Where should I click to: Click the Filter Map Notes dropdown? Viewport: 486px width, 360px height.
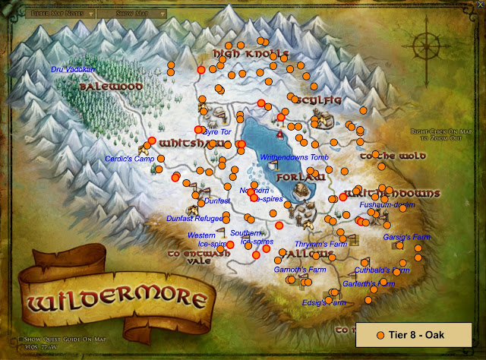(60, 12)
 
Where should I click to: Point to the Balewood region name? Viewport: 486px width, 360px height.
(111, 87)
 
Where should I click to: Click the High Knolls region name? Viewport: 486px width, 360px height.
(250, 53)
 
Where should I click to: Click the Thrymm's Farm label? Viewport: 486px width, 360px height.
(321, 245)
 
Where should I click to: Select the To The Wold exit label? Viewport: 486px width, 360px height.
(387, 156)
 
